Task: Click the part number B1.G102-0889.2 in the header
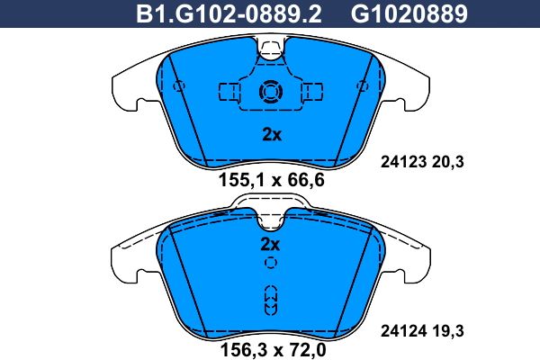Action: click(x=229, y=13)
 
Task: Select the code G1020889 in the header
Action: click(x=409, y=13)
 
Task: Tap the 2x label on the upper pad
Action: click(x=272, y=134)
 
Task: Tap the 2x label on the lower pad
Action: click(x=270, y=244)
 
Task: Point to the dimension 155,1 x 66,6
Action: click(x=272, y=180)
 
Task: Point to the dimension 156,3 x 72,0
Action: click(x=273, y=350)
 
